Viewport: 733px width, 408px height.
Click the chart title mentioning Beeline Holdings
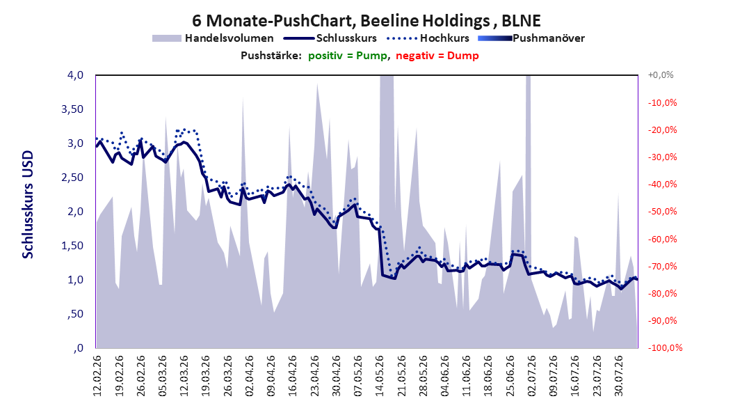pyautogui.click(x=366, y=21)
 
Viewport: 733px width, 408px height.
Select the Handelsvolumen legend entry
pyautogui.click(x=213, y=38)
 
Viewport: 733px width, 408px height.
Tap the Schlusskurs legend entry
pyautogui.click(x=330, y=38)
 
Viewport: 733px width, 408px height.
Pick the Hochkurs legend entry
pyautogui.click(x=428, y=38)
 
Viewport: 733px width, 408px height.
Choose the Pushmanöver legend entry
pyautogui.click(x=531, y=38)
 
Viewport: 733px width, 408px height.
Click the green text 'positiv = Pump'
pyautogui.click(x=348, y=56)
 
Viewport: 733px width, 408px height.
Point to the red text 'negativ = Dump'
pyautogui.click(x=437, y=56)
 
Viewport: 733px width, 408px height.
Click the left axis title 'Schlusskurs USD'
pyautogui.click(x=28, y=205)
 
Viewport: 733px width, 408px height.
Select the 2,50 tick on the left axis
pyautogui.click(x=72, y=178)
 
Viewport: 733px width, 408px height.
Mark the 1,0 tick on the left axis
pyautogui.click(x=75, y=280)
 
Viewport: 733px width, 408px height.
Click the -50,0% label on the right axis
pyautogui.click(x=662, y=212)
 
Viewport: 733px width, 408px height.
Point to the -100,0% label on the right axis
pyautogui.click(x=665, y=347)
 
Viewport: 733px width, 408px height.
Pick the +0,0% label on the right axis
pyautogui.click(x=661, y=75)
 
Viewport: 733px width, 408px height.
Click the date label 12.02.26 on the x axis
pyautogui.click(x=97, y=376)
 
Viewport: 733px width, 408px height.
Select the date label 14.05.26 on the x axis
pyautogui.click(x=380, y=376)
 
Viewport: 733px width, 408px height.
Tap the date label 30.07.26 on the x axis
pyautogui.click(x=619, y=376)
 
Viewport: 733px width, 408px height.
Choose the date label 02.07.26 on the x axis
pyautogui.click(x=532, y=376)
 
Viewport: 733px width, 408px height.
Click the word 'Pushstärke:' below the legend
pyautogui.click(x=271, y=56)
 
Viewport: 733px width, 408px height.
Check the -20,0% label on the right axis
pyautogui.click(x=662, y=130)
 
